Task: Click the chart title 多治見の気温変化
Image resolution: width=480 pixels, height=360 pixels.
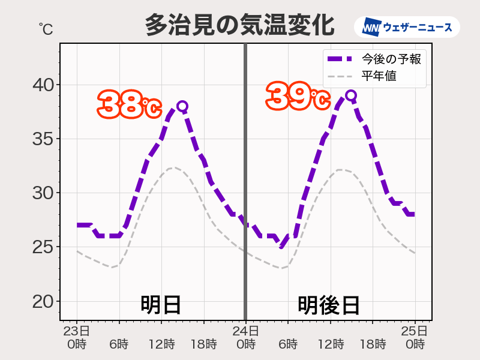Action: pos(239,26)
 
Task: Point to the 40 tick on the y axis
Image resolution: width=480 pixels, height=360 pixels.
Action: pos(43,85)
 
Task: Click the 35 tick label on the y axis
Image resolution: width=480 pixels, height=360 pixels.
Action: pos(43,139)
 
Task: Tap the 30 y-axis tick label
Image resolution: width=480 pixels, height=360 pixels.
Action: pos(43,193)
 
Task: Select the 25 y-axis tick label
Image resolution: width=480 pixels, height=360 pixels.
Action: pos(43,247)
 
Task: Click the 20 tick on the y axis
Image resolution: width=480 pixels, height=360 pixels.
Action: pos(43,301)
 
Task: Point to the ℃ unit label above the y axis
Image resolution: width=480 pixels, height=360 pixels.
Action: pos(46,28)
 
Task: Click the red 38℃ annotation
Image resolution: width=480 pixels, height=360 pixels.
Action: pos(130,104)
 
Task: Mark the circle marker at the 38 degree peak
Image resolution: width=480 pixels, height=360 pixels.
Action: pos(182,106)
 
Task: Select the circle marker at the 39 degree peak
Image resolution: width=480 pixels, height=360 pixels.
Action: pos(351,95)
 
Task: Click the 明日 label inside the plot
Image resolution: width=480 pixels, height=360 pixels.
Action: pos(161,305)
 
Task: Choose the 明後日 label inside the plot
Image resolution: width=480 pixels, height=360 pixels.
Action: pos(329,305)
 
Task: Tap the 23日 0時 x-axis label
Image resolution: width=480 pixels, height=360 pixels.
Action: pos(77,337)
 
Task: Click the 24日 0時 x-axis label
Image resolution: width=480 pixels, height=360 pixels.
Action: pos(245,337)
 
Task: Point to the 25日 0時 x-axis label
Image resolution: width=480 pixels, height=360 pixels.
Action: pos(415,337)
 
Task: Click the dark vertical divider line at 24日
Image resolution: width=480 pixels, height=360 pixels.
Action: pos(245,180)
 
